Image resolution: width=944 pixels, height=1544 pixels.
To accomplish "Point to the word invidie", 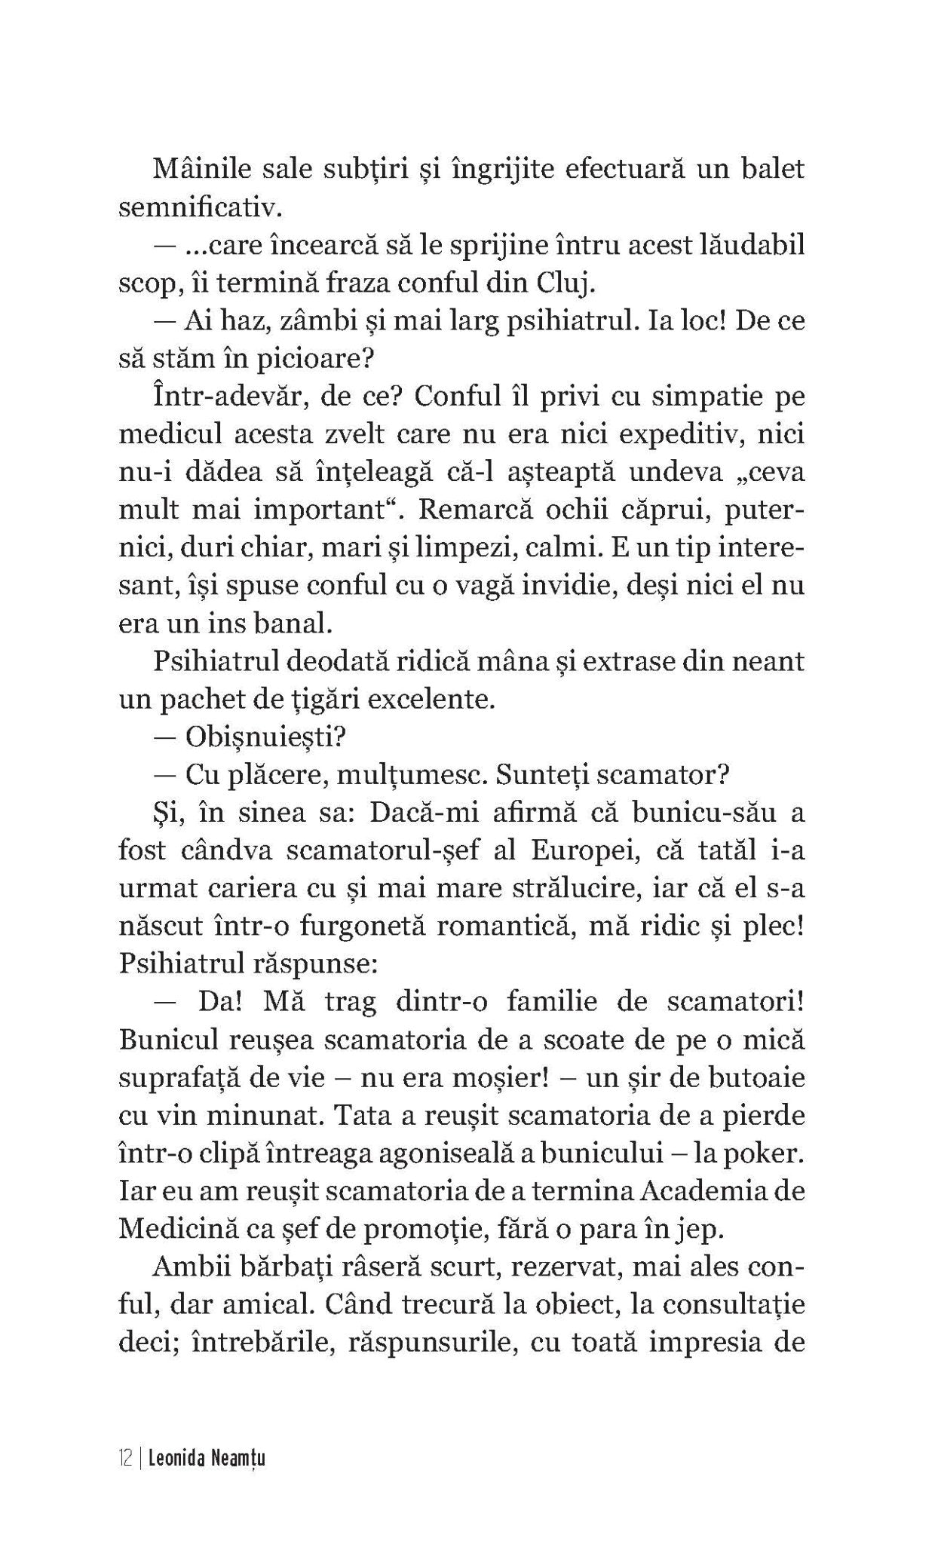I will [573, 586].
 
